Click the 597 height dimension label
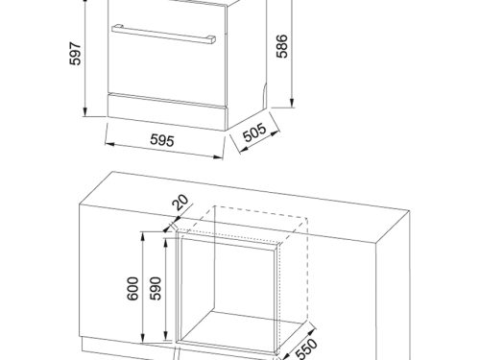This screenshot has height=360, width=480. tap(76, 54)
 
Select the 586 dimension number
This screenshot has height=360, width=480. tap(282, 46)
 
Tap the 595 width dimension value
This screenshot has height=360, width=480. tap(162, 140)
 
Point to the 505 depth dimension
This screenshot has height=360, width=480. tap(254, 132)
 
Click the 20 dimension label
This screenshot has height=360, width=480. tap(180, 203)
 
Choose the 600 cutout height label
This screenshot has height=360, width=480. tap(132, 289)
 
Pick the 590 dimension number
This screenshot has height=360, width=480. tap(156, 288)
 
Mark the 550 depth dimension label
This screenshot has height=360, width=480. tap(306, 349)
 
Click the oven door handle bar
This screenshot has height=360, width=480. tap(163, 34)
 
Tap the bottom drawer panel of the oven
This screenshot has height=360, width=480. tap(167, 112)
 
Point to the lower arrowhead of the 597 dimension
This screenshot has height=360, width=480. tap(84, 112)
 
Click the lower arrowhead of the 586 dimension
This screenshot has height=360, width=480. tap(292, 103)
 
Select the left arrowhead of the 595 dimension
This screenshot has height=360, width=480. tap(109, 145)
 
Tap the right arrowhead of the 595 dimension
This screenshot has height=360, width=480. tap(219, 156)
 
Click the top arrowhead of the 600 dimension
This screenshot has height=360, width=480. tap(143, 237)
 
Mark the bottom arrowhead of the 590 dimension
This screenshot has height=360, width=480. tap(165, 335)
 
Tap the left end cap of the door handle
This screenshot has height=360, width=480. tap(117, 28)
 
